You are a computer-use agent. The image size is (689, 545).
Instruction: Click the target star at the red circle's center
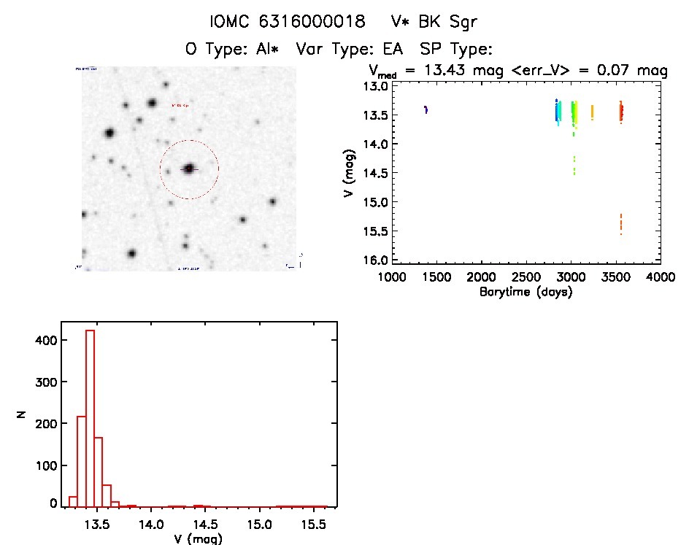point(189,169)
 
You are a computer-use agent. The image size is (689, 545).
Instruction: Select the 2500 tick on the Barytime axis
point(526,278)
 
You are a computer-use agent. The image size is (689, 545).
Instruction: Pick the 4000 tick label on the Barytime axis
point(661,278)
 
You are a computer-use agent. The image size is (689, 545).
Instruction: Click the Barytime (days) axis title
point(526,292)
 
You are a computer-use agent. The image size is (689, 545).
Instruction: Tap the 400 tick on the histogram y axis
point(47,340)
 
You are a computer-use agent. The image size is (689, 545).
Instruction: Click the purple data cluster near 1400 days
point(426,109)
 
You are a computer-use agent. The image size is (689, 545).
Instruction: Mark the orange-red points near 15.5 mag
point(621,223)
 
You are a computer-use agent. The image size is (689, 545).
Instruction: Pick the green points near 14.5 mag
point(574,166)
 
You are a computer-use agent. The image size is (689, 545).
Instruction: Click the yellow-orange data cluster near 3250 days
point(592,112)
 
